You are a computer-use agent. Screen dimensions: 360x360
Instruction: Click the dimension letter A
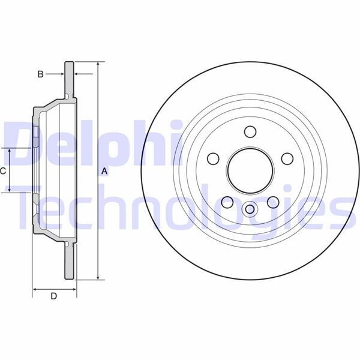pos(104,172)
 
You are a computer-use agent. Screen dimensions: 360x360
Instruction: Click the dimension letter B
pos(40,74)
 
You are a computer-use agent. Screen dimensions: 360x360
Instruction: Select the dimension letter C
pos(3,170)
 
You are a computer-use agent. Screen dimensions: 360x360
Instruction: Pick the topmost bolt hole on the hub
pos(250,132)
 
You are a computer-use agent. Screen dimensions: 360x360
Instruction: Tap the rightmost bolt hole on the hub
pos(287,159)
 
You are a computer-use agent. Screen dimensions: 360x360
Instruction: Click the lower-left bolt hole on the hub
pos(227,202)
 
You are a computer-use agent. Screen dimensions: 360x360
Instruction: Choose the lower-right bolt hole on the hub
pos(273,202)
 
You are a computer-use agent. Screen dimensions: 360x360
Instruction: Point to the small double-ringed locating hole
pos(250,209)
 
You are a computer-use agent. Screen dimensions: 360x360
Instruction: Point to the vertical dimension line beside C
pos(10,170)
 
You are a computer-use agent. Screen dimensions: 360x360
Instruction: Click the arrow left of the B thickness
pos(57,74)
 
